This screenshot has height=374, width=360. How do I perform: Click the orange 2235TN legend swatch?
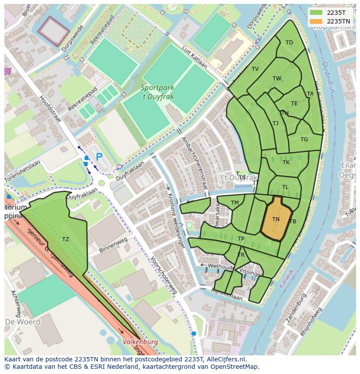point(317,21)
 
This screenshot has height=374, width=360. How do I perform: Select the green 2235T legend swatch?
point(317,13)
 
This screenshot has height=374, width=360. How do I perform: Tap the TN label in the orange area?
point(276,219)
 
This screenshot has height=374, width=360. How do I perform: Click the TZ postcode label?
point(66,239)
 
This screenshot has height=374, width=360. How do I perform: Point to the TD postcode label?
point(289,43)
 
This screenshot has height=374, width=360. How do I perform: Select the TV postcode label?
point(255,69)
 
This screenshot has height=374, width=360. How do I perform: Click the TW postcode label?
point(277,79)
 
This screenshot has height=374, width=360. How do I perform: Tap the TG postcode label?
point(304,139)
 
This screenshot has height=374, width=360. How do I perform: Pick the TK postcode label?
point(286,162)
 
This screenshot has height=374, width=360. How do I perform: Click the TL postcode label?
point(285,187)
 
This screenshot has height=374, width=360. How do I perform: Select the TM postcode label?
point(235,203)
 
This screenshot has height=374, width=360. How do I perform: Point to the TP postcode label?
point(241,239)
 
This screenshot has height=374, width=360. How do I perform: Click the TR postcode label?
point(241,255)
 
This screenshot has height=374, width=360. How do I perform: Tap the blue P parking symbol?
point(99,157)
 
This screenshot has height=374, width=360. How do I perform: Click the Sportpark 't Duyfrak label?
point(157,92)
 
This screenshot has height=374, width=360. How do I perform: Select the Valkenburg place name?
point(140,342)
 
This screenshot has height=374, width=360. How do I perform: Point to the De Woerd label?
point(23,322)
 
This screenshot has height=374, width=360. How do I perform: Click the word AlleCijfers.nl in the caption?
point(226,359)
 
